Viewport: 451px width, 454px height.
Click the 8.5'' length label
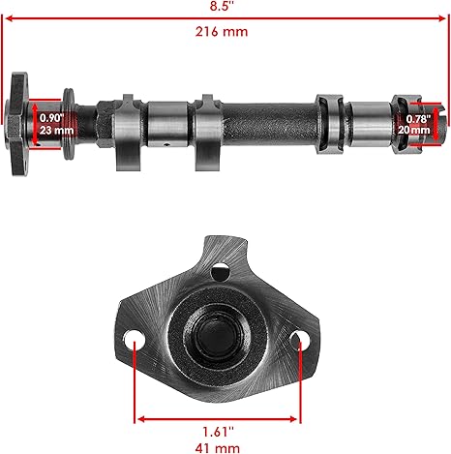click(221, 6)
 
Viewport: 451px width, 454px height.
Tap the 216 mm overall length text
click(222, 32)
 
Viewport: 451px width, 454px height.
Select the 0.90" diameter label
click(52, 118)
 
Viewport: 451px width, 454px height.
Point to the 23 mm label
click(56, 131)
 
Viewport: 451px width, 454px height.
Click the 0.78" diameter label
click(418, 119)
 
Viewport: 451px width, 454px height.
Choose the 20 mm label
click(414, 130)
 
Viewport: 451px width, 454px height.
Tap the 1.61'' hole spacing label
click(218, 432)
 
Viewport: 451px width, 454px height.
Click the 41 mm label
click(218, 448)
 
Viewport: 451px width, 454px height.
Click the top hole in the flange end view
click(220, 272)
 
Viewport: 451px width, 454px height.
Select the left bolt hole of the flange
click(135, 339)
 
